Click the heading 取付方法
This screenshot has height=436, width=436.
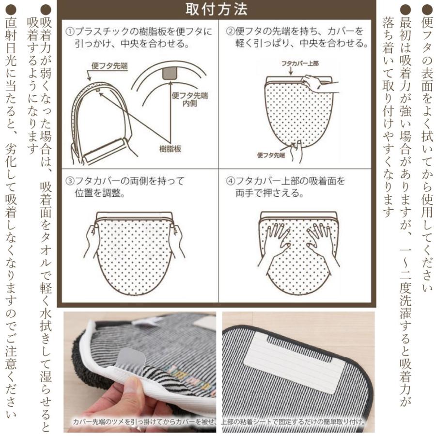(217, 9)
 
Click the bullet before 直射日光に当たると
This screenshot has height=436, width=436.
(10, 9)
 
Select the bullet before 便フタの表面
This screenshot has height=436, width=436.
(426, 9)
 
